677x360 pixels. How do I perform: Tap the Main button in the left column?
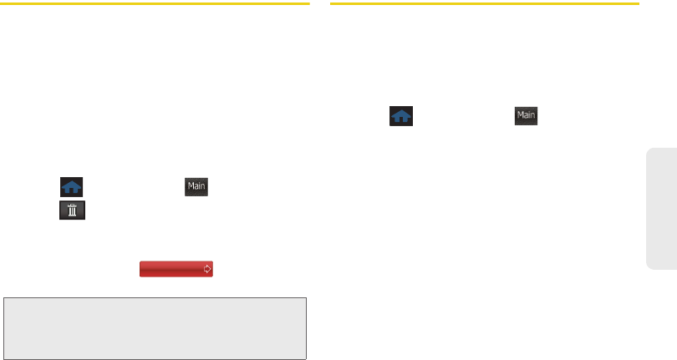[x=196, y=187]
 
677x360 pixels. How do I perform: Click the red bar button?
[x=176, y=269]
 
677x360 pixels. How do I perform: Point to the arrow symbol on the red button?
[x=206, y=269]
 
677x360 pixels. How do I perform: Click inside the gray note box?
[x=156, y=327]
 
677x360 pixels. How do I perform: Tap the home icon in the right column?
[x=401, y=116]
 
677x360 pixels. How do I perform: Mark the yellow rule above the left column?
[x=156, y=4]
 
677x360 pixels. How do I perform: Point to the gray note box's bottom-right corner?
[x=307, y=357]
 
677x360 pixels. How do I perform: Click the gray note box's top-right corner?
[x=307, y=298]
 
